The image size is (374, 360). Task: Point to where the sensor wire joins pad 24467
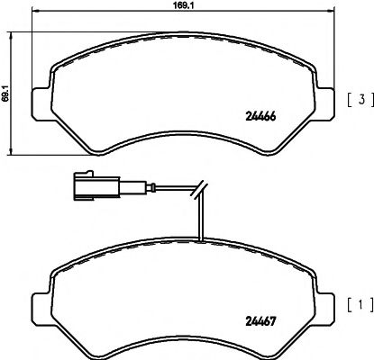203,239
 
